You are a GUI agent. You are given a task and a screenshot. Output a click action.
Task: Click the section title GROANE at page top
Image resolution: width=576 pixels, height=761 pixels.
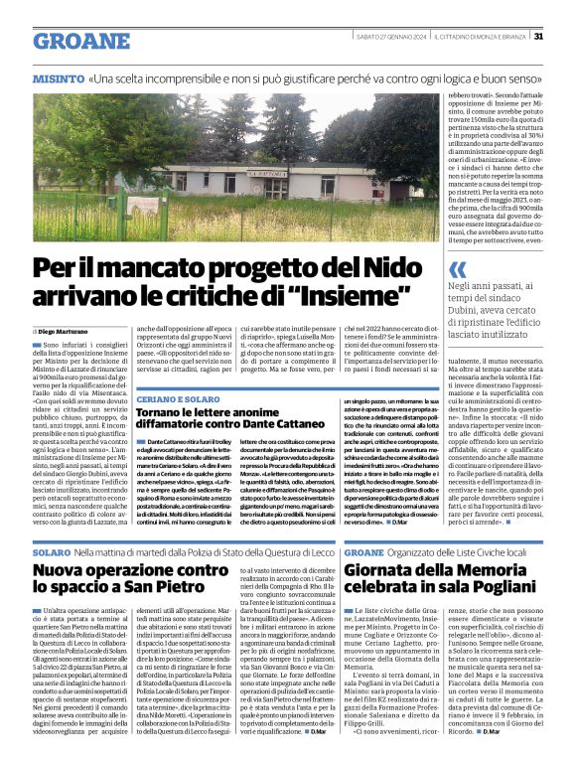81,41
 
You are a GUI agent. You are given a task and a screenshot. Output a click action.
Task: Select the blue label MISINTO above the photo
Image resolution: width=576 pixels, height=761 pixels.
58,77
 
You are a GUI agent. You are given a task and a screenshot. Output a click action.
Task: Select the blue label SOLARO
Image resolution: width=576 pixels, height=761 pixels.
51,550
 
